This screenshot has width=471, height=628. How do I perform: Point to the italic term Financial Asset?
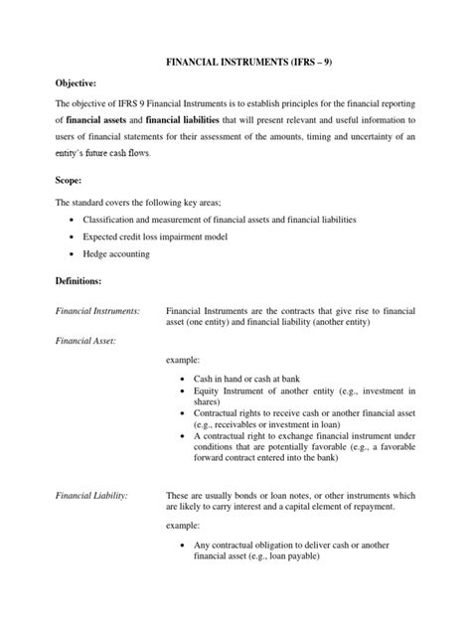point(85,341)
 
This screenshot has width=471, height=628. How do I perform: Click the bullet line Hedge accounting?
point(116,253)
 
